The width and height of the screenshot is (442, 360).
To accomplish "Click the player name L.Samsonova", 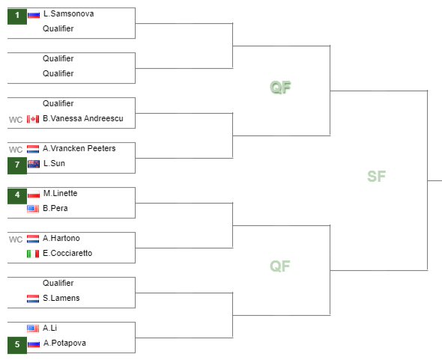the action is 68,13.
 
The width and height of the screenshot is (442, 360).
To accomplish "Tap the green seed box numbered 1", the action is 17,16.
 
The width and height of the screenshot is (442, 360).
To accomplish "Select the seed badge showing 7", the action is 17,166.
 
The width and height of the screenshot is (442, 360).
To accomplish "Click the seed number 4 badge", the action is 17,196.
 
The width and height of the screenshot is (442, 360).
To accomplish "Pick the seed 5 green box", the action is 17,345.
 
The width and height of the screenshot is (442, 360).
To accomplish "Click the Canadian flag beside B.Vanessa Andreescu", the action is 33,119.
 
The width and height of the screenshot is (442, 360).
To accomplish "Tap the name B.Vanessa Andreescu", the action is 83,118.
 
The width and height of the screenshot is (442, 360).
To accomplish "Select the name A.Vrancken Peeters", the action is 79,148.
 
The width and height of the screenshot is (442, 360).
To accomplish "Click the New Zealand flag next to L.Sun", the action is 34,164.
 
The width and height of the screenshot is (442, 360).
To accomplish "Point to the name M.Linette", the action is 61,193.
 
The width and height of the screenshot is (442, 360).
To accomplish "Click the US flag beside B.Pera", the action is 33,209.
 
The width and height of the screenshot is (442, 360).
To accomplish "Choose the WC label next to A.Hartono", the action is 16,240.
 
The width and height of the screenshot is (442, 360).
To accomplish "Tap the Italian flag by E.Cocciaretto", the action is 33,254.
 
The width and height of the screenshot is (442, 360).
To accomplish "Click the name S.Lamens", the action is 61,298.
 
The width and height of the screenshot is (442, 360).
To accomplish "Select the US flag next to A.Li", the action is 33,329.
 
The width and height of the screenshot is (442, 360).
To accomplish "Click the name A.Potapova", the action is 64,343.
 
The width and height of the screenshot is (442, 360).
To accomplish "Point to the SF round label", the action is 376,177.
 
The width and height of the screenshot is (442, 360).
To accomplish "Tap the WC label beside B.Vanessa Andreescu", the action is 16,120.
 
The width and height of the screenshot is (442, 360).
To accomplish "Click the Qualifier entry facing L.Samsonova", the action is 58,28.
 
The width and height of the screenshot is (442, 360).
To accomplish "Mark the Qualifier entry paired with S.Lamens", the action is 58,283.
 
